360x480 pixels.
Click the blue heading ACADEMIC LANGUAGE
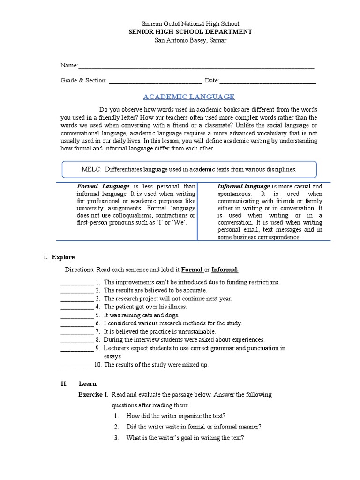click(x=189, y=97)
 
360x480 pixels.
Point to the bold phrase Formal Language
click(x=103, y=186)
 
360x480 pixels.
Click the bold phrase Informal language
click(x=243, y=186)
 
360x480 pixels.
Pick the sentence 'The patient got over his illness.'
click(x=145, y=307)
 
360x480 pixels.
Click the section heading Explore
click(x=63, y=257)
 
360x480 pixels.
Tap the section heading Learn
click(x=88, y=383)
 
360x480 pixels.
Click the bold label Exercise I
click(x=93, y=395)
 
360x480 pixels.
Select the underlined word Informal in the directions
click(x=225, y=270)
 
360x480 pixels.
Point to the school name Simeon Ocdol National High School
click(x=180, y=23)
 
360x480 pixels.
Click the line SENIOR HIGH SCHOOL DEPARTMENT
click(x=180, y=32)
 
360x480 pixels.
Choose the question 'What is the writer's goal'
click(x=185, y=438)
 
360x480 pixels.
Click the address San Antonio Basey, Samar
click(x=180, y=40)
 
